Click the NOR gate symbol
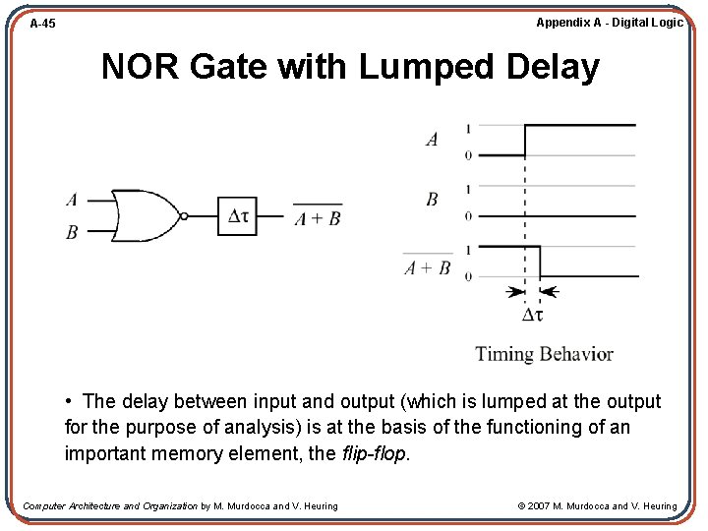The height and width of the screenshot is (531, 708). pos(144,216)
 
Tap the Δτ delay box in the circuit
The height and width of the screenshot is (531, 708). pos(237,216)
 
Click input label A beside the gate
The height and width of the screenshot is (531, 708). pos(72,201)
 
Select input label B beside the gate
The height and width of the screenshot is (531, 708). pos(72,233)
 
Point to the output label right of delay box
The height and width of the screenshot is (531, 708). pos(318,218)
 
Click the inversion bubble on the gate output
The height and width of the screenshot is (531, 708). pos(183,216)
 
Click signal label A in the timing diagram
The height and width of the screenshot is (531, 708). pos(432,140)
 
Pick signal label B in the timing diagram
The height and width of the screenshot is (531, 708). pos(432,200)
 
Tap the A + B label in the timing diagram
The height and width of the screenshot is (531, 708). pos(428,267)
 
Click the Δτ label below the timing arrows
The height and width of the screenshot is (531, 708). pos(532,316)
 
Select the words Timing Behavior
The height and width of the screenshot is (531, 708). pos(544,354)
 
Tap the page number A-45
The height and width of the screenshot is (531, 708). pos(42,23)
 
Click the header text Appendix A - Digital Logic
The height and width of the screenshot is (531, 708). pos(609,22)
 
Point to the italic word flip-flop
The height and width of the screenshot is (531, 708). pos(374,453)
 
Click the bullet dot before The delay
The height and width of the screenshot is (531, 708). pos(71,402)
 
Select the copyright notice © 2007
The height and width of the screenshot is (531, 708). pos(597,506)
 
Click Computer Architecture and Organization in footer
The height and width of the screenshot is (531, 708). pos(109,506)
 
